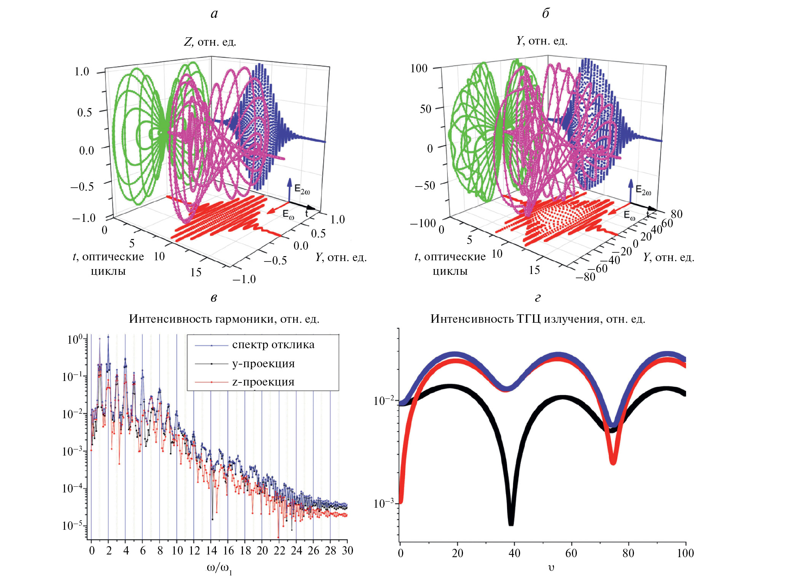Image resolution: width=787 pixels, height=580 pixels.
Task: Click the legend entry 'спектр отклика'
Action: click(273, 345)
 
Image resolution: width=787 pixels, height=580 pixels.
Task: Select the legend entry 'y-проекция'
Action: click(263, 364)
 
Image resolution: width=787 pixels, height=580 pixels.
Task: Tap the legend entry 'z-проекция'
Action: click(263, 382)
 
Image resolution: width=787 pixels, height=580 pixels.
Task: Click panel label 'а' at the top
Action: click(214, 14)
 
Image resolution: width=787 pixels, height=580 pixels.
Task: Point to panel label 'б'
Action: click(545, 14)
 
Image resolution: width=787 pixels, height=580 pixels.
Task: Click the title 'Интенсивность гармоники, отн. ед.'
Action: click(224, 319)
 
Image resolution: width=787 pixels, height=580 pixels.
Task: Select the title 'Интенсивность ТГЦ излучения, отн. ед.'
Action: click(538, 319)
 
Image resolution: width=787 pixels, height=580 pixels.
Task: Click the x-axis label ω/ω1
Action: click(219, 568)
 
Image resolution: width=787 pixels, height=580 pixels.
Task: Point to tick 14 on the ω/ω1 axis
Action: click(211, 551)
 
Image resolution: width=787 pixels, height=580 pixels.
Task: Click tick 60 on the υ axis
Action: click(571, 553)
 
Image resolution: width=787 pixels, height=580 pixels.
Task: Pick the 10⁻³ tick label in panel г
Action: click(384, 504)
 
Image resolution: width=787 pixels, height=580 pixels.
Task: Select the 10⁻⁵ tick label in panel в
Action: click(72, 526)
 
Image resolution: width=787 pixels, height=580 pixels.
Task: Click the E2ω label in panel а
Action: click(302, 190)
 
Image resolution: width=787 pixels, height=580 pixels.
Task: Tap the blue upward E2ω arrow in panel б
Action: click(631, 190)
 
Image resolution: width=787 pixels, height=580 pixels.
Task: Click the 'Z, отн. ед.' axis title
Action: click(210, 41)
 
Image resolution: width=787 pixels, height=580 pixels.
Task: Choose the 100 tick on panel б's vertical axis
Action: click(419, 69)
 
